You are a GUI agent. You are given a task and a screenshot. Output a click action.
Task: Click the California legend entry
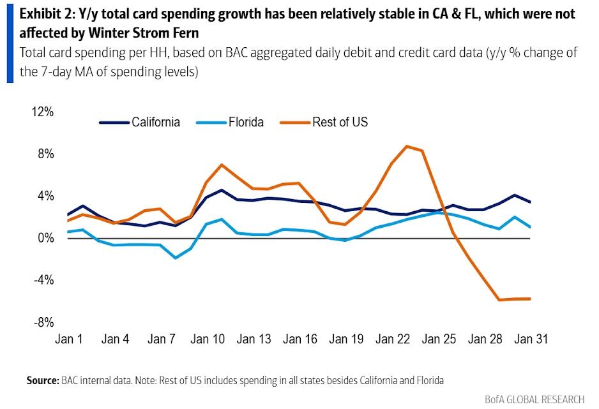tap(155, 122)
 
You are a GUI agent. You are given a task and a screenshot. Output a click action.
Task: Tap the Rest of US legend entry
tap(340, 122)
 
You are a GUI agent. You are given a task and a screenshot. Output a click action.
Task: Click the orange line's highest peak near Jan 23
tap(407, 146)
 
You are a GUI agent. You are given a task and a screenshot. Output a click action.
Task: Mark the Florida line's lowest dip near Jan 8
tap(176, 258)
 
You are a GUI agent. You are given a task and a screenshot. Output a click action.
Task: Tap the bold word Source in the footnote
tap(43, 380)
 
